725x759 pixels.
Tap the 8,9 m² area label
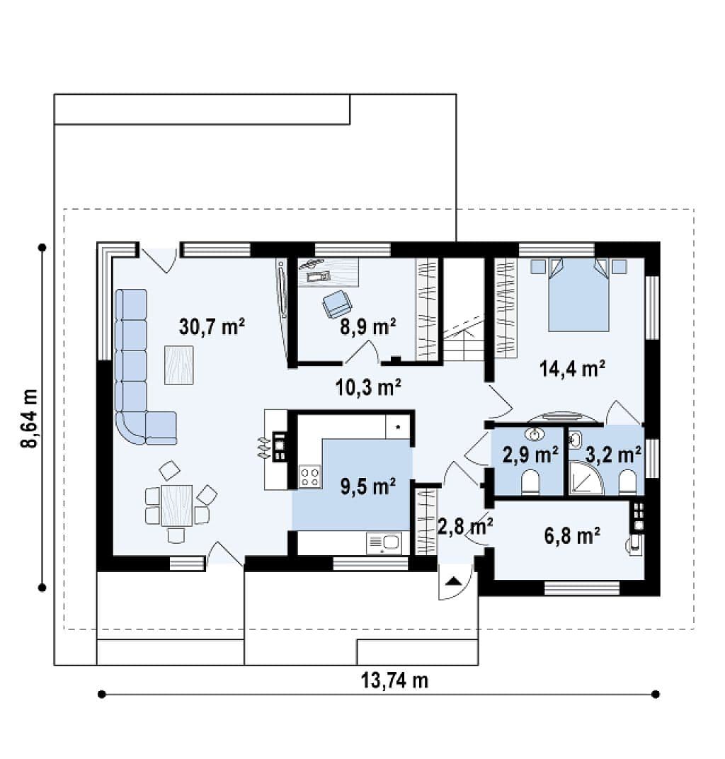pyautogui.click(x=368, y=326)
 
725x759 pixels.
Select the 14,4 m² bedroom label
pyautogui.click(x=573, y=368)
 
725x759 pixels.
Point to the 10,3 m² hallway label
pyautogui.click(x=368, y=387)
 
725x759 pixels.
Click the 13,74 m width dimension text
pyautogui.click(x=394, y=680)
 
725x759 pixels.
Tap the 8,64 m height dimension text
pyautogui.click(x=29, y=418)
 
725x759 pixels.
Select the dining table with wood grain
pyautogui.click(x=177, y=506)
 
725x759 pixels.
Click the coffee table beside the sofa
pyautogui.click(x=179, y=365)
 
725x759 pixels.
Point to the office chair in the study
pyautogui.click(x=337, y=304)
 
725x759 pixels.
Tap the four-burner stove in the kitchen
pyautogui.click(x=309, y=475)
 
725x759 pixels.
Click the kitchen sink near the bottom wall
pyautogui.click(x=384, y=542)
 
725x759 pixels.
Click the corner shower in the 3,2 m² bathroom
pyautogui.click(x=585, y=479)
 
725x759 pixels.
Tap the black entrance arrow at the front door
pyautogui.click(x=453, y=581)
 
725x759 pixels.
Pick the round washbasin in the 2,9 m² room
pyautogui.click(x=534, y=434)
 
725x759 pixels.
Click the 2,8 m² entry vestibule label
pyautogui.click(x=465, y=525)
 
